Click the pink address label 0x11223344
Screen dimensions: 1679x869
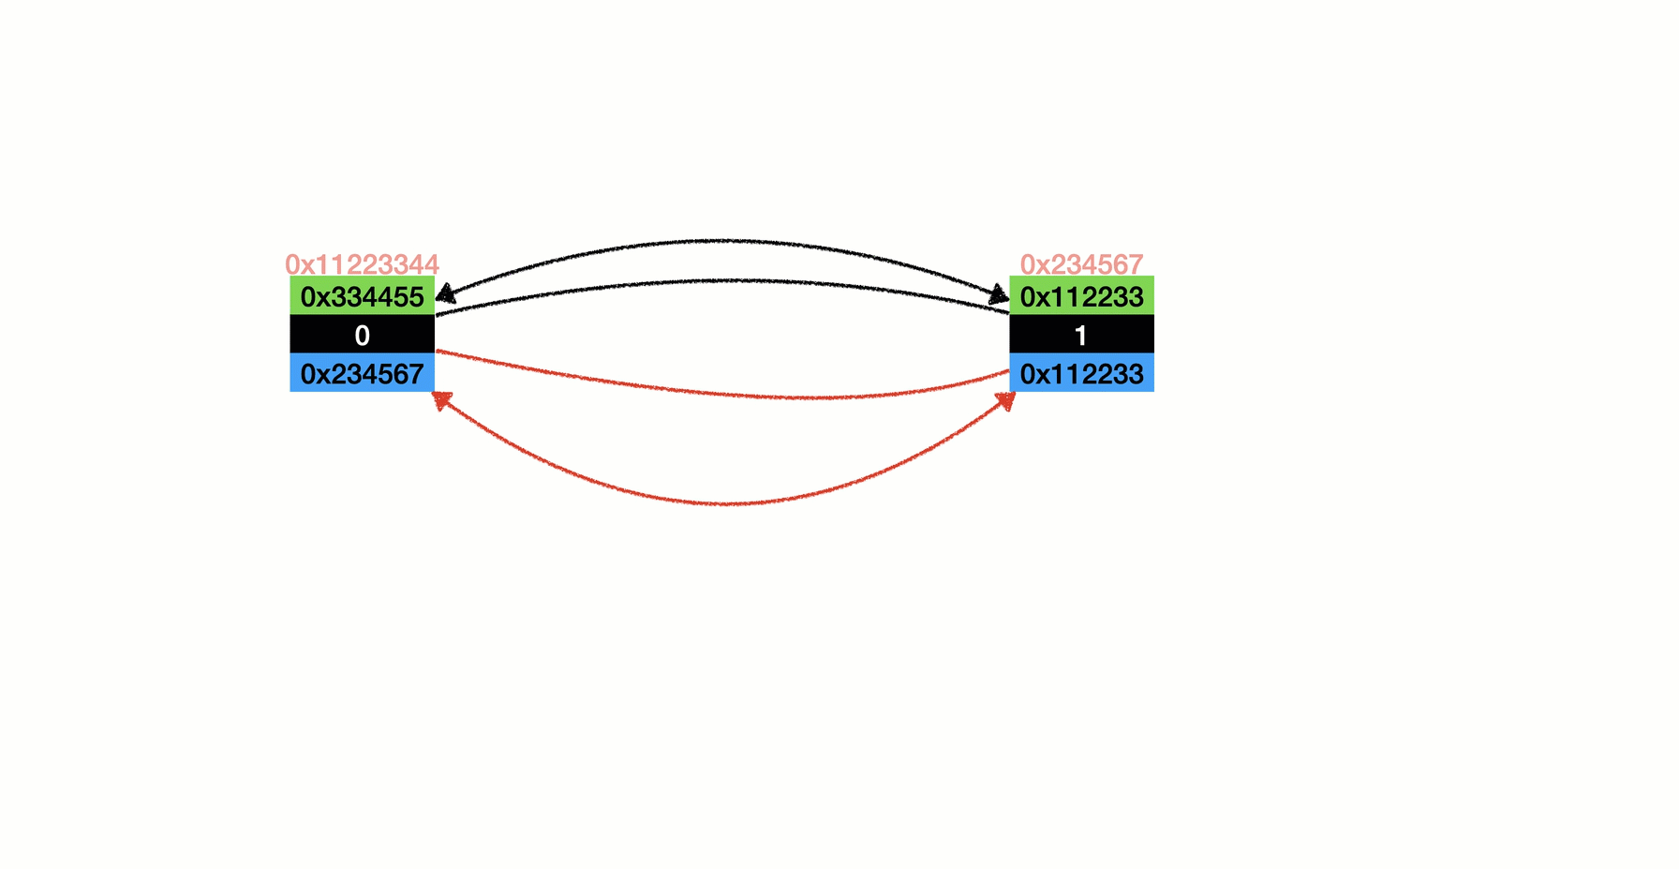click(362, 264)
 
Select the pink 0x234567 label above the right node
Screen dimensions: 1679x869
click(1081, 264)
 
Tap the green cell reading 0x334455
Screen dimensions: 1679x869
click(362, 295)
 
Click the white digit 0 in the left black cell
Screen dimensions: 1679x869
click(363, 335)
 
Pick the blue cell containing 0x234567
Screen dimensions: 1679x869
click(362, 373)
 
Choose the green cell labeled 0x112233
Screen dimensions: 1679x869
click(1081, 295)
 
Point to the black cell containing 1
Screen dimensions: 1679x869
click(1081, 335)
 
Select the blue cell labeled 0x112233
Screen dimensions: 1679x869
click(1081, 373)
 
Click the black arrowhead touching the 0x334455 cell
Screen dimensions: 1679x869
click(446, 293)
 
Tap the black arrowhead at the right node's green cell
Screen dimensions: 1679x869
click(999, 295)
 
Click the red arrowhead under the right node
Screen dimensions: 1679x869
click(1005, 400)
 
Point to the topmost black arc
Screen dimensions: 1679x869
click(722, 241)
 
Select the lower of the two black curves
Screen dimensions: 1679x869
click(722, 280)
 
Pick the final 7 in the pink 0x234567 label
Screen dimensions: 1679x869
click(1136, 264)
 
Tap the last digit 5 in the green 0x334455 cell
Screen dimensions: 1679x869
click(416, 297)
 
